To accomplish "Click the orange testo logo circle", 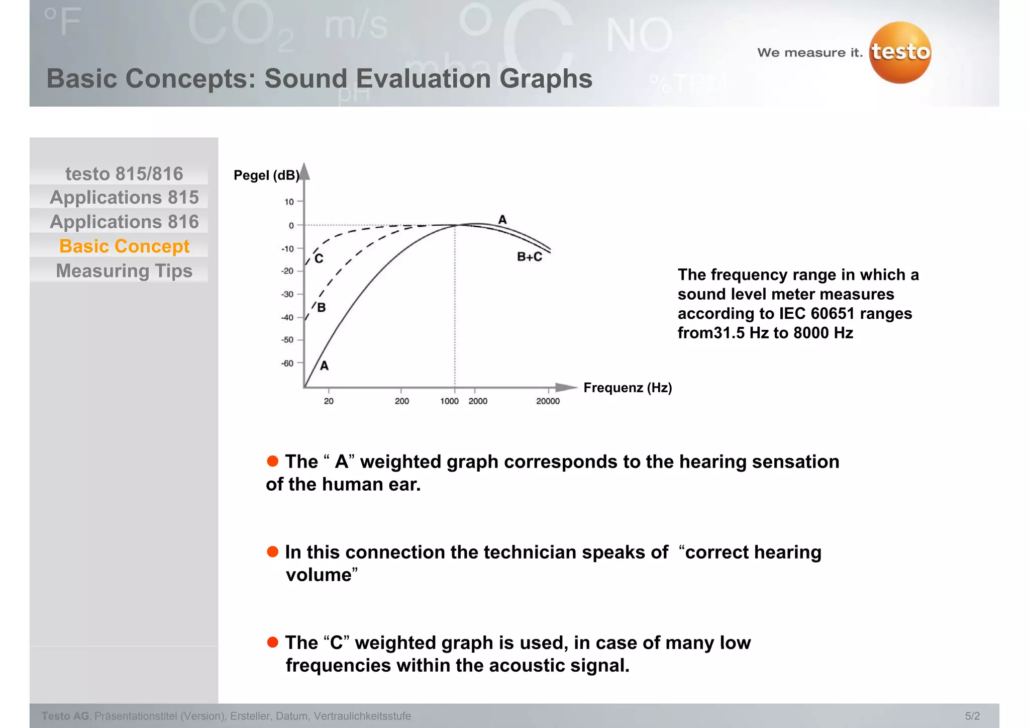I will click(x=900, y=52).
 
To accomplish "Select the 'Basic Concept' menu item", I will click(x=124, y=246).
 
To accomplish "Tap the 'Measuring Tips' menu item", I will click(x=124, y=271).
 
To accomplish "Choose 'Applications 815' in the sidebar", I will click(x=124, y=198).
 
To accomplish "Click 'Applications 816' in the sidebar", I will click(x=124, y=222).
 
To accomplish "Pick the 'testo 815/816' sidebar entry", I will click(x=124, y=174).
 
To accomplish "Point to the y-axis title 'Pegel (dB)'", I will click(x=266, y=175).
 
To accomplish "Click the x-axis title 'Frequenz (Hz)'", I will click(x=628, y=388).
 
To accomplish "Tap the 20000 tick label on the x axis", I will click(x=548, y=401).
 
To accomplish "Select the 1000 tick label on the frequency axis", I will click(x=449, y=401).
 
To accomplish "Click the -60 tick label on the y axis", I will click(x=287, y=363).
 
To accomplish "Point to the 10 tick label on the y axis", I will click(x=289, y=202).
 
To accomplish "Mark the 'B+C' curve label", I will click(x=530, y=257).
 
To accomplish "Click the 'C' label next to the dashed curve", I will click(x=319, y=259).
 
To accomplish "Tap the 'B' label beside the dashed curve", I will click(x=322, y=308).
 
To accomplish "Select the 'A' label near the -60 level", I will click(x=325, y=366).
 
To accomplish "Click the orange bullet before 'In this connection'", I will click(x=273, y=552).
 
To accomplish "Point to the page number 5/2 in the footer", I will click(x=972, y=716).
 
